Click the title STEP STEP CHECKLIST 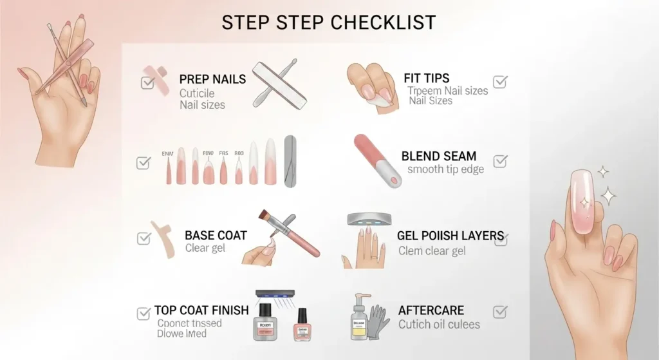pos(328,22)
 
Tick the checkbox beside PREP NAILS pos(147,82)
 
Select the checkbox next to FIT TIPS pos(500,82)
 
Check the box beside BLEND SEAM pos(500,160)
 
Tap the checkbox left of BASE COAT pos(144,238)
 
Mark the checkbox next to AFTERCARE pos(500,312)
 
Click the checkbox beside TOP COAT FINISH pos(144,314)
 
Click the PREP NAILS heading pos(212,79)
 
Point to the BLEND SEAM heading pos(439,156)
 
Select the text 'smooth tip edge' pos(446,170)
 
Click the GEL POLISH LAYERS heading pos(450,236)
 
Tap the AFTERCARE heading pos(431,310)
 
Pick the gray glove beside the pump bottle pos(378,322)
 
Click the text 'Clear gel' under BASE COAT pos(205,249)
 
